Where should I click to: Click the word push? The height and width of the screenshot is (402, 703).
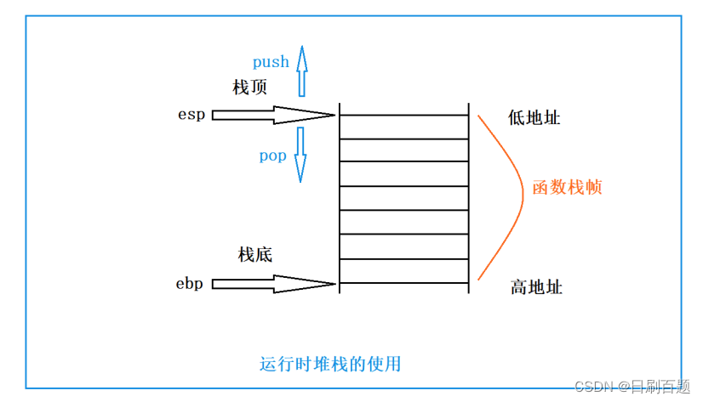[271, 62]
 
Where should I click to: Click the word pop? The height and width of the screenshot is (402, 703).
[272, 156]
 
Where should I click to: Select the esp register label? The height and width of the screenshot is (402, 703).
[191, 115]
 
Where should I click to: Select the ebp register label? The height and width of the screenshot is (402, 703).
[190, 284]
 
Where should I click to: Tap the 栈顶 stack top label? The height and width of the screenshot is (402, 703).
[249, 88]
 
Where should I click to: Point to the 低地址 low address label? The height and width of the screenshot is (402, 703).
[534, 118]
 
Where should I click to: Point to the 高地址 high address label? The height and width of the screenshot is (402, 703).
[536, 287]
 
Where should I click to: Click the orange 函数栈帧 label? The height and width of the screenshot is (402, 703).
[567, 188]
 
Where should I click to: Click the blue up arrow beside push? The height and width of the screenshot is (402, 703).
[301, 70]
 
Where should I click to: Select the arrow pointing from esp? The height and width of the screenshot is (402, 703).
[273, 115]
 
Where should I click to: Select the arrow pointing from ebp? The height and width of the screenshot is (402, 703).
[273, 284]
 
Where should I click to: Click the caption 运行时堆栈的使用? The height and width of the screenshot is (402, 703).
[330, 365]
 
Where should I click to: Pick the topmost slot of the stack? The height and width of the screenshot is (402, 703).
[404, 127]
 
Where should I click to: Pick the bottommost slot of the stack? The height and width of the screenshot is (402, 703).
[404, 271]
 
